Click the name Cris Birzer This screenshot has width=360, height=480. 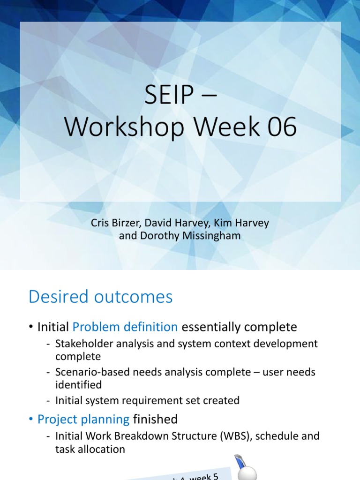pyautogui.click(x=113, y=223)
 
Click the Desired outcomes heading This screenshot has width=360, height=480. pyautogui.click(x=101, y=297)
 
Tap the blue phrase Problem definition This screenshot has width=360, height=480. pyautogui.click(x=125, y=326)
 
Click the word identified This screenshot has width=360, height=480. pyautogui.click(x=78, y=385)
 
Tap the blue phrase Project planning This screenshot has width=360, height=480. pyautogui.click(x=83, y=419)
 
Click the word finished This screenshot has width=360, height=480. pyautogui.click(x=155, y=419)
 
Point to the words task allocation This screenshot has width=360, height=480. pyautogui.click(x=90, y=449)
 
